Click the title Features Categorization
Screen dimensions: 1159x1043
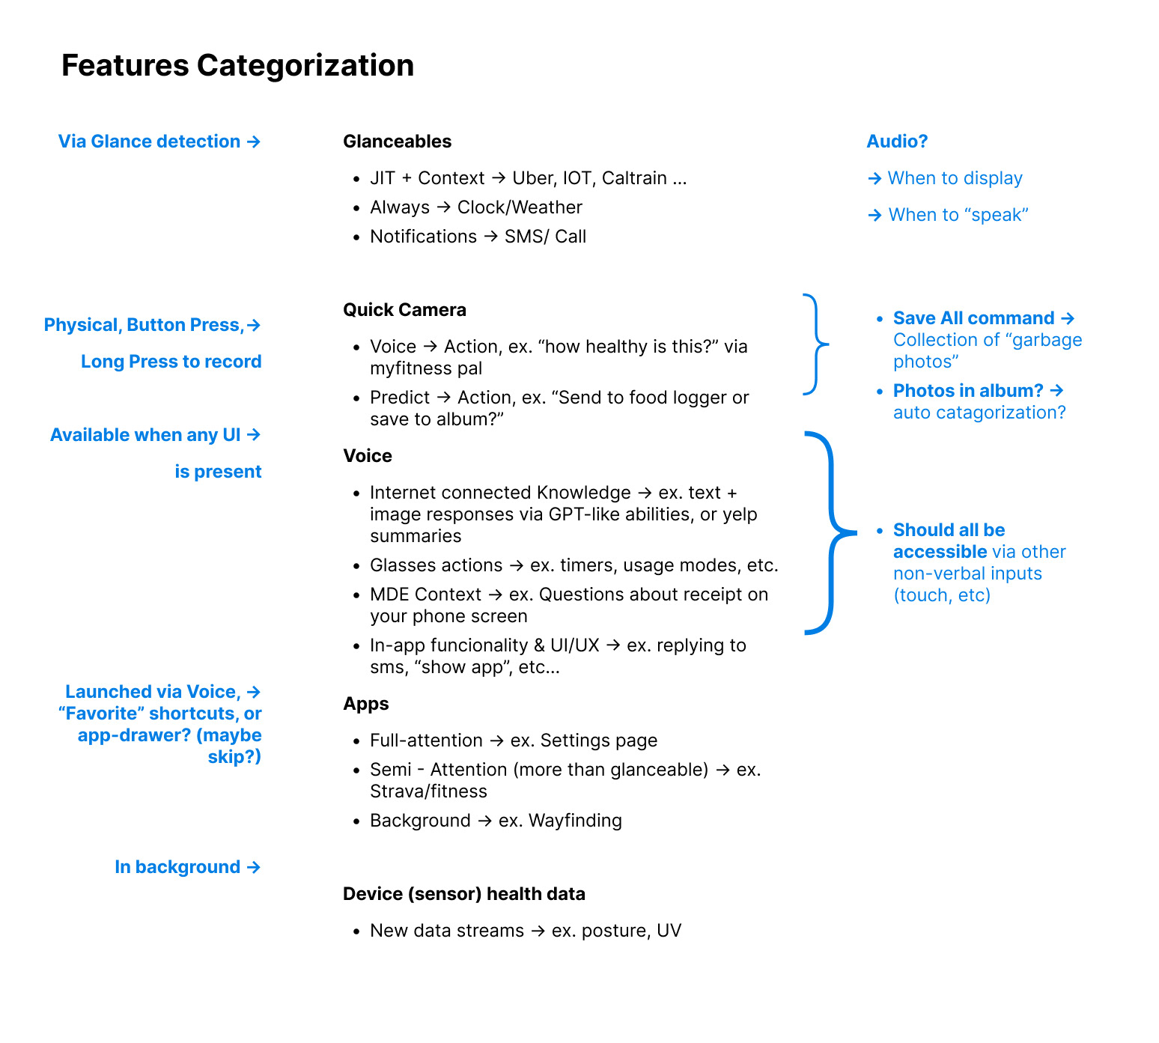237,66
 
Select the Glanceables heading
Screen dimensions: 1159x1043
397,142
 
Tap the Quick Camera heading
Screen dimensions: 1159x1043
404,310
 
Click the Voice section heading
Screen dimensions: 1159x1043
367,456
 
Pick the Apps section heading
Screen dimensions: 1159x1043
365,704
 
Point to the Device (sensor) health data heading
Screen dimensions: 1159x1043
463,894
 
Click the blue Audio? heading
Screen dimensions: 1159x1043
896,142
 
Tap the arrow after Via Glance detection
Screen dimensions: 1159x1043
254,142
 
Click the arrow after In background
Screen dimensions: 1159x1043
254,867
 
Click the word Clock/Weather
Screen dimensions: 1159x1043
520,207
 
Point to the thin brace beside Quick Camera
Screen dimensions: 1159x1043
816,344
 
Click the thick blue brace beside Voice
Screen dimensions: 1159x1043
832,533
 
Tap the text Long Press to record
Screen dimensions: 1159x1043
171,362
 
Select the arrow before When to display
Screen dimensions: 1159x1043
874,178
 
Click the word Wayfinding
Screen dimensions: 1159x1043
575,821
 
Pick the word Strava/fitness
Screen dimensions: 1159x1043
428,791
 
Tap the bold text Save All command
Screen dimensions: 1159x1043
973,318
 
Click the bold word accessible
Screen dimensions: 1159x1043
940,552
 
